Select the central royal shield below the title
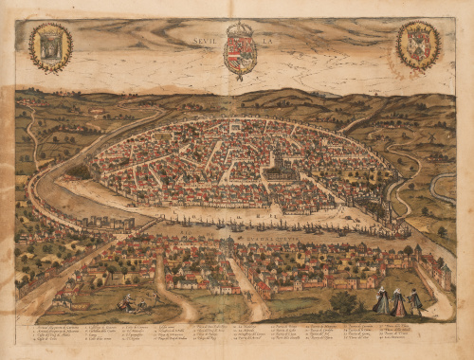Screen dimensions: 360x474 pos(239,56)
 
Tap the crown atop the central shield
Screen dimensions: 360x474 pos(239,30)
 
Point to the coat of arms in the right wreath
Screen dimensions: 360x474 pos(417,45)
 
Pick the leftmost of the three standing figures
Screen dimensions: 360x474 pos(381,301)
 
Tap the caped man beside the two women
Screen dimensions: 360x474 pos(414,300)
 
